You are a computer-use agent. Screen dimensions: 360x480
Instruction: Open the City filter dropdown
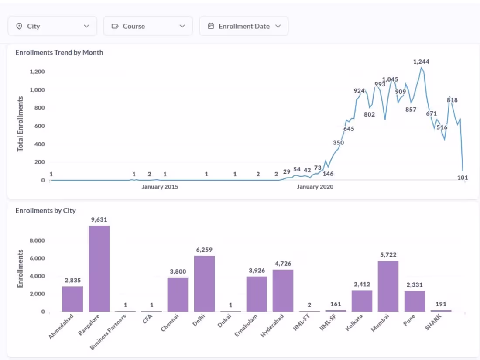[52, 26]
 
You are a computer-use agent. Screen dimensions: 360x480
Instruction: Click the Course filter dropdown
[147, 26]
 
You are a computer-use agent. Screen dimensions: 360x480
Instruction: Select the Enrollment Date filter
[243, 26]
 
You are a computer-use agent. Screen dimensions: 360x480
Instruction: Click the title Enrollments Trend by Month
[59, 52]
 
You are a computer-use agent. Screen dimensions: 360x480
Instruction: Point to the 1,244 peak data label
[421, 62]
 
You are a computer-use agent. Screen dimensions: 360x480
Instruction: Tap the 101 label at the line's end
[463, 178]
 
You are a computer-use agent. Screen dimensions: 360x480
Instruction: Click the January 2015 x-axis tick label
[160, 187]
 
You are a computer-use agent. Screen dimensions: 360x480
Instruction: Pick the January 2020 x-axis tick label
[315, 187]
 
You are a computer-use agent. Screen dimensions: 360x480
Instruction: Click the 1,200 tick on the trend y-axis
[37, 72]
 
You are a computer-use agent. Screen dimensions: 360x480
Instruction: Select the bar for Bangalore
[99, 268]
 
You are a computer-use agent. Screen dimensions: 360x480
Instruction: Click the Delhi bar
[204, 283]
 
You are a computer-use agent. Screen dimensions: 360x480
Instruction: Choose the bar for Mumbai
[388, 286]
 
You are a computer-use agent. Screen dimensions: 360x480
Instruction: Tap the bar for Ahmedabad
[72, 298]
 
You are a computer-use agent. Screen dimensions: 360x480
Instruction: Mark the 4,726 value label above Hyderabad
[283, 264]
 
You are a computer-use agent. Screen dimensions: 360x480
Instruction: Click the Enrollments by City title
[45, 210]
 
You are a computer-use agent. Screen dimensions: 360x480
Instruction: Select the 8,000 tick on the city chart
[37, 240]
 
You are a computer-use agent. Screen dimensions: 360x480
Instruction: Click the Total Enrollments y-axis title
[20, 124]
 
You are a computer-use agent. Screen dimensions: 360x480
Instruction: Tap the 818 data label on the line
[452, 100]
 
